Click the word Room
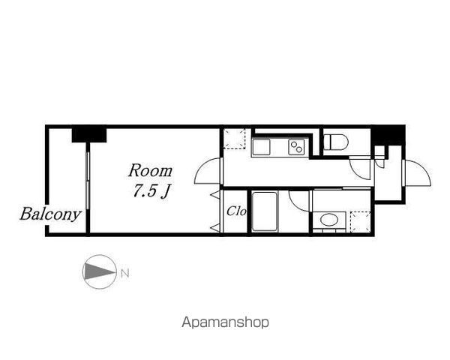[x=150, y=170]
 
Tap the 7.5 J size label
[x=151, y=190]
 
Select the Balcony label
[x=50, y=214]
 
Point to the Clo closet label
[x=236, y=211]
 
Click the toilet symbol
[x=336, y=142]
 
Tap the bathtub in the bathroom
[x=265, y=211]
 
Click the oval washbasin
[x=329, y=220]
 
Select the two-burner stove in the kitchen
[x=296, y=147]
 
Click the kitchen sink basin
[x=261, y=147]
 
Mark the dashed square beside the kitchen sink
[x=235, y=139]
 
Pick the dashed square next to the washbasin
[x=361, y=221]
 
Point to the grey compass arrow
[x=99, y=271]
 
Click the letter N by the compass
[x=124, y=273]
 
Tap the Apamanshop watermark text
[x=225, y=322]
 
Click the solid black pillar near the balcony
[x=89, y=135]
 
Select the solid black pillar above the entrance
[x=388, y=136]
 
